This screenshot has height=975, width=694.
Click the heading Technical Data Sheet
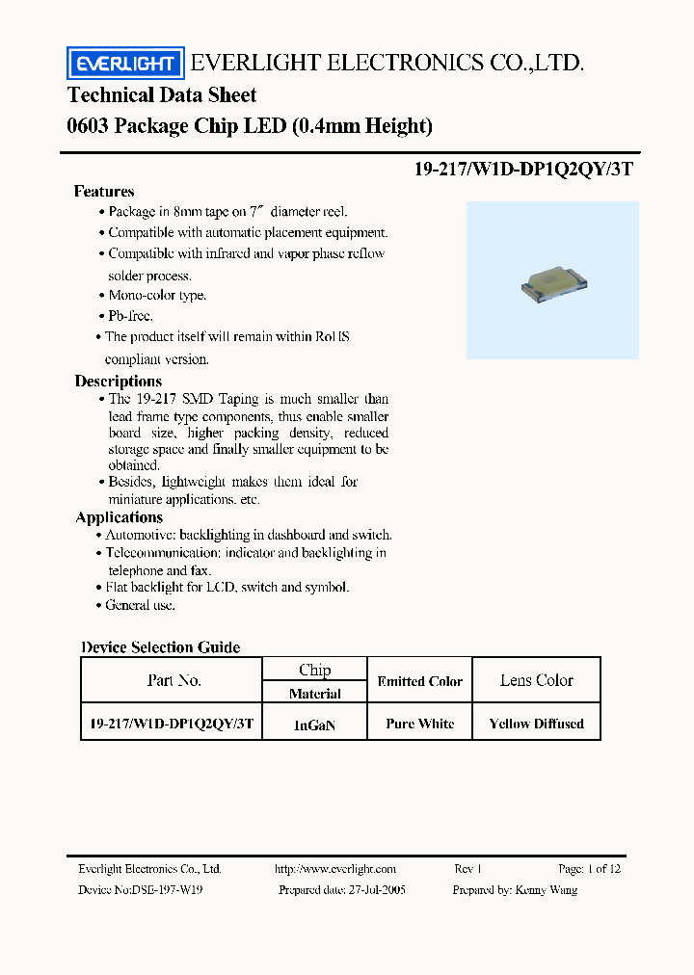(162, 94)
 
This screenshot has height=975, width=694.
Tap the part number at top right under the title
(523, 167)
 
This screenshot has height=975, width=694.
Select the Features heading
(104, 191)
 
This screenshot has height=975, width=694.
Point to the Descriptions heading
(119, 381)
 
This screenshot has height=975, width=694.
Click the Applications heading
(120, 517)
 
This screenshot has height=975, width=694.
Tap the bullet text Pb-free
(130, 316)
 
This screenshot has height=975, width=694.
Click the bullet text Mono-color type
(157, 296)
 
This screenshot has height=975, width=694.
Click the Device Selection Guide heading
(161, 647)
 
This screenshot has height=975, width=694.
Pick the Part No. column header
(174, 680)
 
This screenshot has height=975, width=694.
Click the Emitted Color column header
(419, 681)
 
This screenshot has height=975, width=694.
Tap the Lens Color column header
(536, 680)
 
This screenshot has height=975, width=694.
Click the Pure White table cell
(419, 724)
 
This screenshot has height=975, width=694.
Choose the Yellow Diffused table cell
(536, 724)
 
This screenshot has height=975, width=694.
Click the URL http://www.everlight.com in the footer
(334, 868)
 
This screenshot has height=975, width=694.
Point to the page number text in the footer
(589, 868)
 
